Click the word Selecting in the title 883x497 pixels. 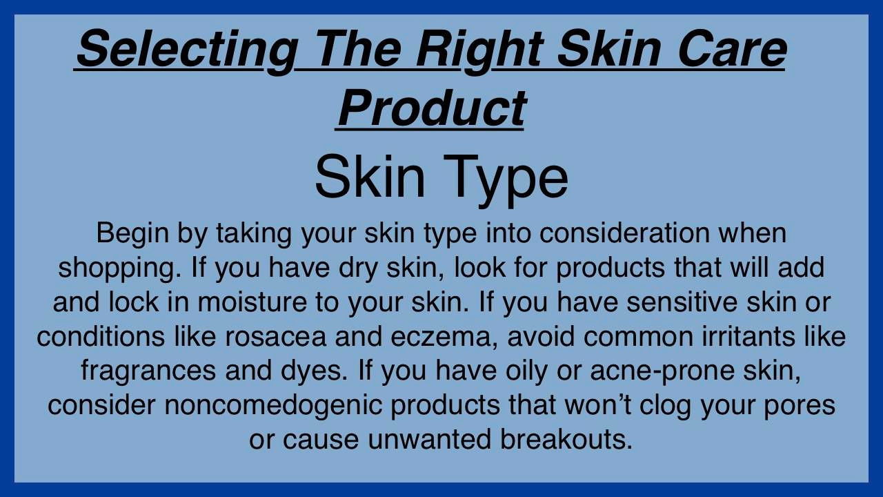tap(187, 50)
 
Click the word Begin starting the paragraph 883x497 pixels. tap(132, 234)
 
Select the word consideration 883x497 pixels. tap(624, 233)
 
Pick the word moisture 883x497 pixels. tap(252, 302)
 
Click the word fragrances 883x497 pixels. tap(148, 371)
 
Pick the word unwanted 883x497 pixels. tap(429, 440)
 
